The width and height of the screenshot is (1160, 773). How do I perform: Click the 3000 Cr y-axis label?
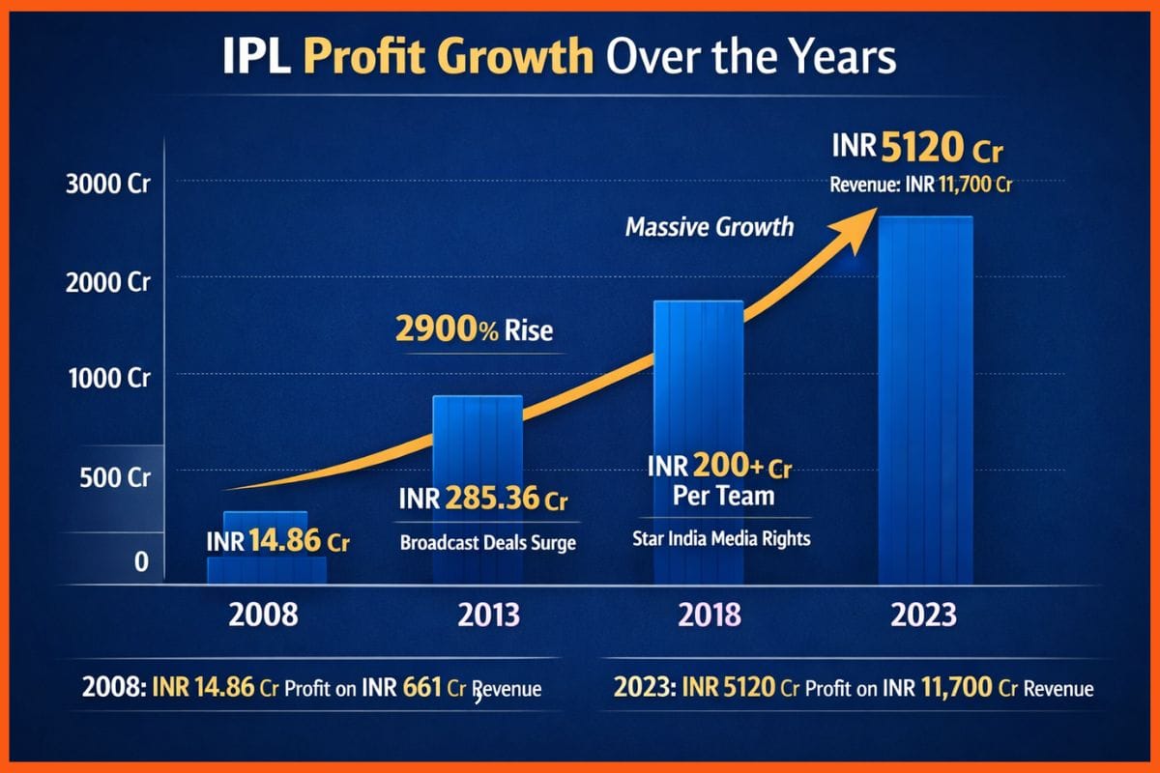pyautogui.click(x=107, y=186)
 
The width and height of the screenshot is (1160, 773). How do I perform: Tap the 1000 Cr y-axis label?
pyautogui.click(x=107, y=378)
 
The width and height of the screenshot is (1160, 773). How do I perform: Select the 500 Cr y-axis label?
pyautogui.click(x=112, y=477)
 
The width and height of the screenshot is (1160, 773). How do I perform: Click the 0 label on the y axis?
pyautogui.click(x=140, y=561)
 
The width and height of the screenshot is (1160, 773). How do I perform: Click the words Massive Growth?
pyautogui.click(x=710, y=227)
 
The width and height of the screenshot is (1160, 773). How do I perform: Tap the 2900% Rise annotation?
pyautogui.click(x=474, y=329)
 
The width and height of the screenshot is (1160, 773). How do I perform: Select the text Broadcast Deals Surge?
pyautogui.click(x=487, y=542)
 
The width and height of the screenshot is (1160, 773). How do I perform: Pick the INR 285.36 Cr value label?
pyautogui.click(x=482, y=501)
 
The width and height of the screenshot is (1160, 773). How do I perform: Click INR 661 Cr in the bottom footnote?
pyautogui.click(x=393, y=689)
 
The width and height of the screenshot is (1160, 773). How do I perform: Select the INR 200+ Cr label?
pyautogui.click(x=719, y=470)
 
